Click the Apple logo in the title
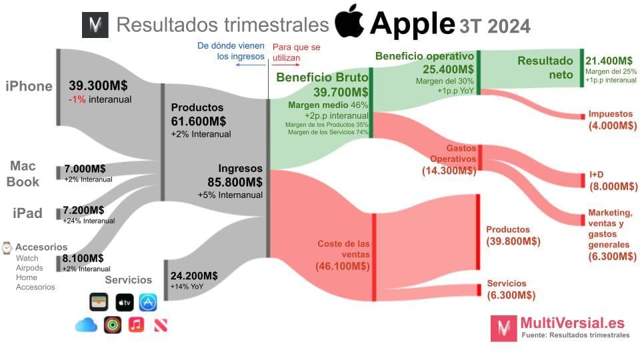coord(349,23)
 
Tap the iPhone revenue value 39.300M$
coord(98,86)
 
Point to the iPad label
coord(27,213)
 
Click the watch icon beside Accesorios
coord(7,247)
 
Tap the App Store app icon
coord(148,302)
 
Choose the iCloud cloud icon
coord(86,325)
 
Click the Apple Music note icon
coord(136,325)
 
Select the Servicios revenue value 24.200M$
coord(194,276)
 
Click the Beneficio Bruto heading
coord(322,77)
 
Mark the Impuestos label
coord(611,114)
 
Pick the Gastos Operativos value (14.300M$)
coord(449,171)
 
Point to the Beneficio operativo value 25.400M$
coord(448,69)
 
